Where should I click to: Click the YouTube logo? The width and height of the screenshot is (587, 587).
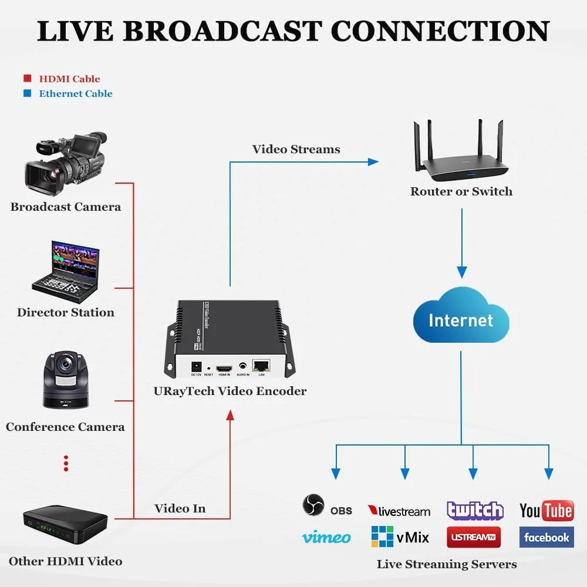[546, 510]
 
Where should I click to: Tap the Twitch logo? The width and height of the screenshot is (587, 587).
[475, 510]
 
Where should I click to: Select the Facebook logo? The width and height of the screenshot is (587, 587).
[546, 537]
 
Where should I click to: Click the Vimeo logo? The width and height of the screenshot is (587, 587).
[326, 537]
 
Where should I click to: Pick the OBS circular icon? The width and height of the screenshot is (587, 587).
[313, 505]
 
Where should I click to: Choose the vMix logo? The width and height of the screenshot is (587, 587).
[400, 537]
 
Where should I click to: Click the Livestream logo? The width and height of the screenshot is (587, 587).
[399, 511]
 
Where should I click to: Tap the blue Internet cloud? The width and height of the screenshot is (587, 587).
[461, 320]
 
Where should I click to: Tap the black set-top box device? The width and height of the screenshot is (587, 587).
[65, 520]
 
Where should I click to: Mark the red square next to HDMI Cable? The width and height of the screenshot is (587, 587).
[26, 79]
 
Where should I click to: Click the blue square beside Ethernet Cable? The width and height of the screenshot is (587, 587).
[26, 93]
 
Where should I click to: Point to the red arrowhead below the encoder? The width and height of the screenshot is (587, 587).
[230, 415]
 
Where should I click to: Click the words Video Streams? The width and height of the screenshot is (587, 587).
[296, 149]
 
